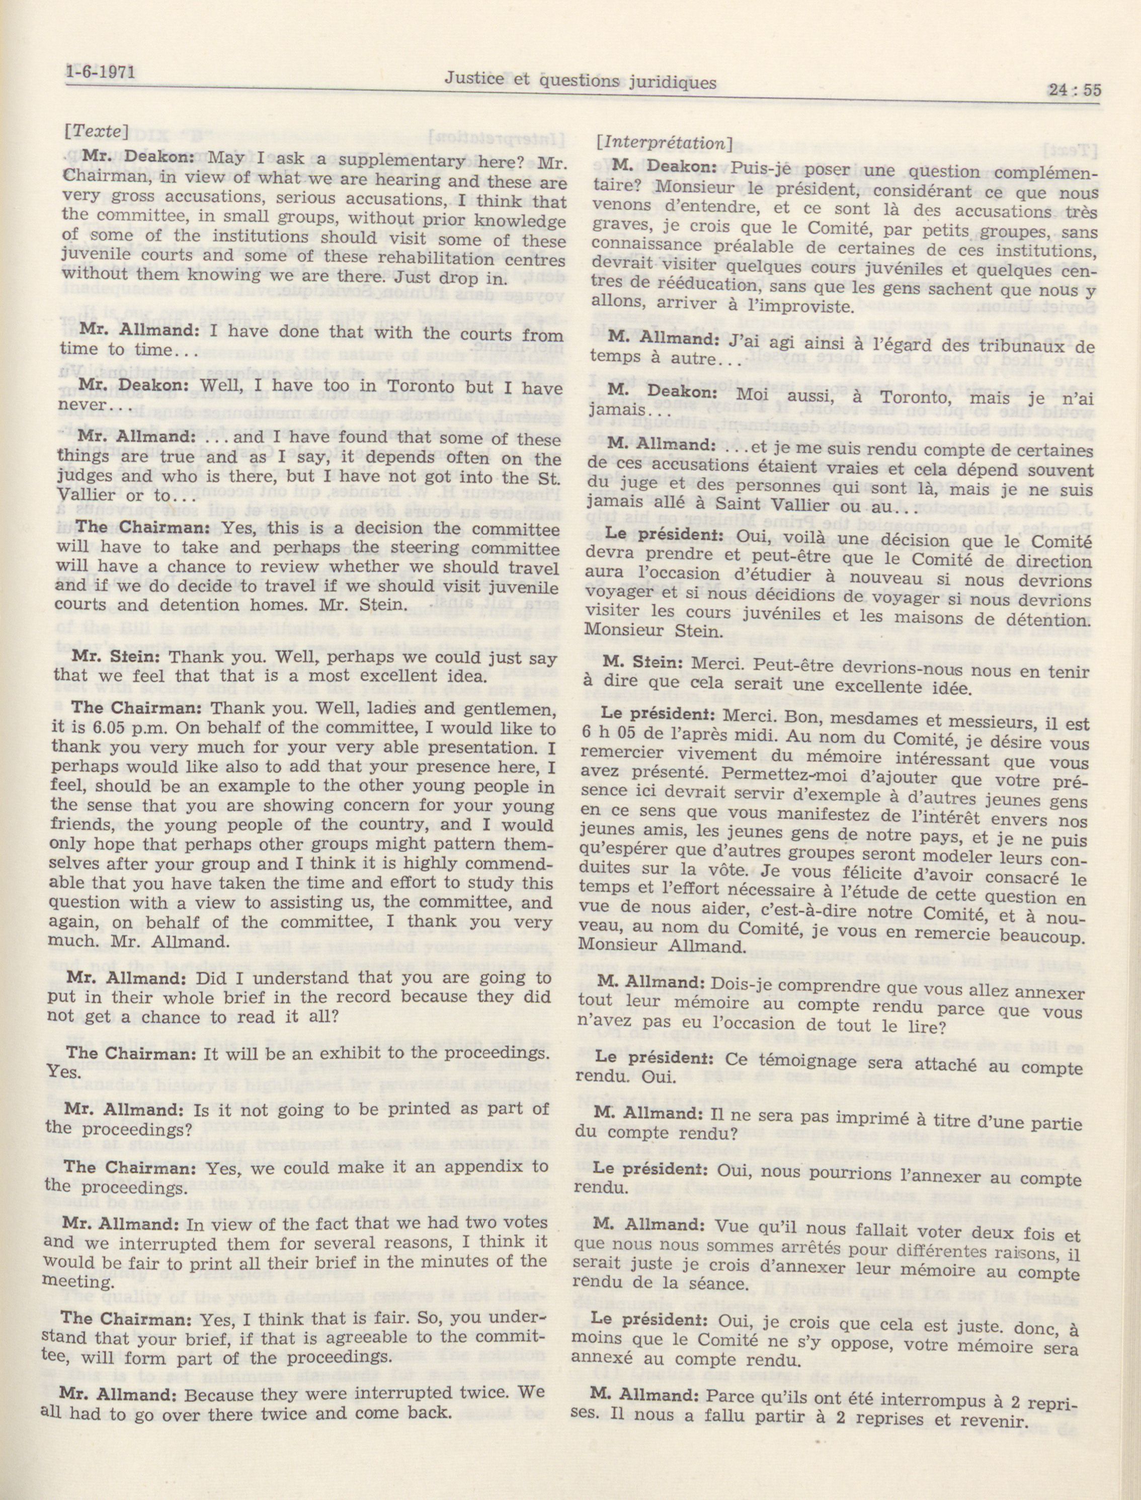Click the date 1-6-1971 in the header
102,72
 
